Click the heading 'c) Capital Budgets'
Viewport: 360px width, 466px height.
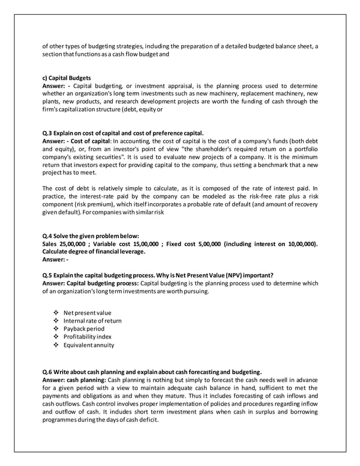67,78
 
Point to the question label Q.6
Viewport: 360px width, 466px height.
49,372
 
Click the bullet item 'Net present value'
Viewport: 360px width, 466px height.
87,312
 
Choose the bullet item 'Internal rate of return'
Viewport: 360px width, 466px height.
93,320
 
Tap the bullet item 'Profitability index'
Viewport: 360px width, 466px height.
87,337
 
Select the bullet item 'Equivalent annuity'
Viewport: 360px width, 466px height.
89,345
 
